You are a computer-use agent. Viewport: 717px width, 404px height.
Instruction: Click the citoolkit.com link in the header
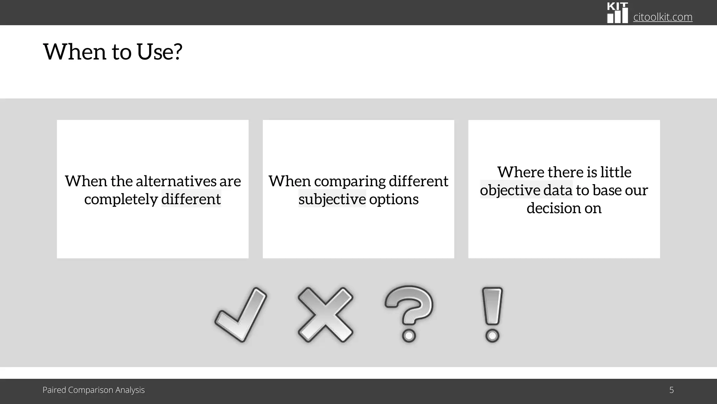click(x=663, y=17)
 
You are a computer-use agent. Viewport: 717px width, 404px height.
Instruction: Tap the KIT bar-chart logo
click(x=617, y=13)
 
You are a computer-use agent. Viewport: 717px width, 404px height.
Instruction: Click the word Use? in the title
click(x=160, y=52)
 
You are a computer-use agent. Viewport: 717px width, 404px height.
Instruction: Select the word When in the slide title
click(x=75, y=52)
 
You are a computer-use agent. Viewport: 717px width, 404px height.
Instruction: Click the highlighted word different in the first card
click(x=191, y=199)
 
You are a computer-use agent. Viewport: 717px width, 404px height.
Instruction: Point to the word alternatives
click(x=176, y=181)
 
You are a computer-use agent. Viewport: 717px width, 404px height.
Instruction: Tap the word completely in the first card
click(x=121, y=199)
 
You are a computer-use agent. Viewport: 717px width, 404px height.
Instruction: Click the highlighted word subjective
click(x=332, y=199)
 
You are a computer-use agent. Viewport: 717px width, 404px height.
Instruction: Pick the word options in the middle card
click(x=394, y=199)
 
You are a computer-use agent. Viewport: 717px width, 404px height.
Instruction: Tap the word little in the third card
click(x=616, y=172)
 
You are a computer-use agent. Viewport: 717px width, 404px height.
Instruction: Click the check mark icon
click(x=241, y=315)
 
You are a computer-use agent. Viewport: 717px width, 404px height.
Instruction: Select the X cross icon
click(x=325, y=315)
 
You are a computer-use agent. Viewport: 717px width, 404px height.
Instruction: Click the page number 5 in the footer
click(x=671, y=390)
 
